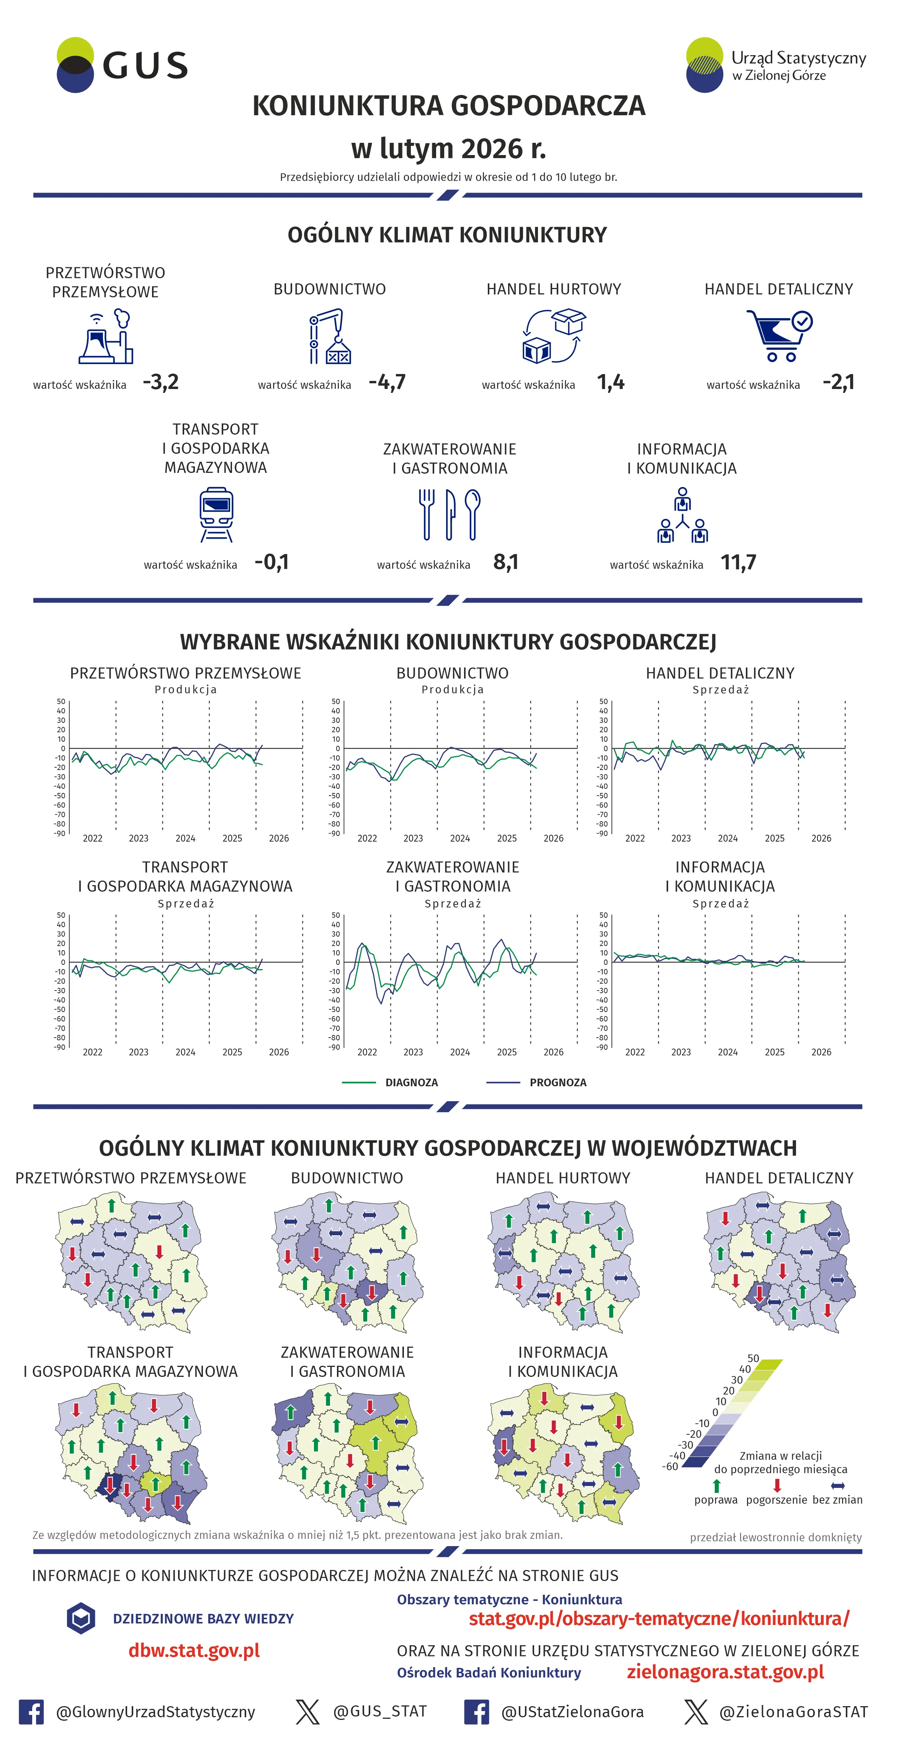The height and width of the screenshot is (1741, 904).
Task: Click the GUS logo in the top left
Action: [122, 65]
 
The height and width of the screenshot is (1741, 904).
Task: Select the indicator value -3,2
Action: [161, 383]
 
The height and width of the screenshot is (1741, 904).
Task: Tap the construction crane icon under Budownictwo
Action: [330, 337]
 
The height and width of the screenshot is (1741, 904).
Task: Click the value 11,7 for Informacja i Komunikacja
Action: [739, 562]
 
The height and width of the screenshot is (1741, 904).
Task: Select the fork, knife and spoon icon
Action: [450, 515]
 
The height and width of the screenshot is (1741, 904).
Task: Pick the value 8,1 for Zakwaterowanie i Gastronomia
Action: [505, 562]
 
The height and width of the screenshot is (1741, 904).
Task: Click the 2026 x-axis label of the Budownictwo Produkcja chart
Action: [553, 838]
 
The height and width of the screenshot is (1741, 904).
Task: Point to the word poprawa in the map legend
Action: [716, 1500]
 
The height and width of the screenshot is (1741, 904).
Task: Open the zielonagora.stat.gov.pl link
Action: [725, 1672]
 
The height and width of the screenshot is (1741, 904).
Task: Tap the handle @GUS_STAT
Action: [380, 1711]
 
